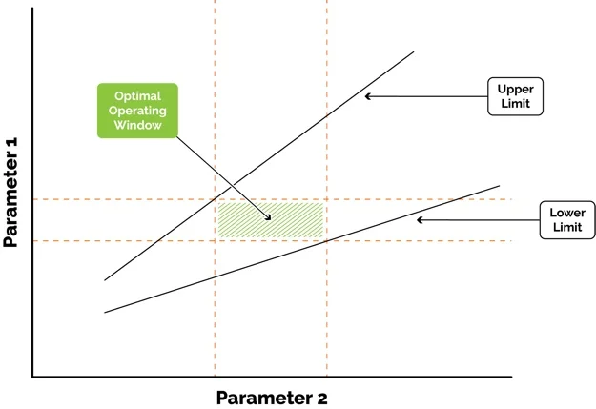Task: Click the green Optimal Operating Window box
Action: tap(137, 111)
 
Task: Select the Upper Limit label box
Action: tap(515, 96)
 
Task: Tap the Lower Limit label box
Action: tap(567, 220)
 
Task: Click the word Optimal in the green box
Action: tap(137, 96)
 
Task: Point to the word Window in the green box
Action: tap(137, 125)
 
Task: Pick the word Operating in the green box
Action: tap(137, 111)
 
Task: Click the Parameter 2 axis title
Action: tap(272, 398)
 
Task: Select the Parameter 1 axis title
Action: tap(10, 193)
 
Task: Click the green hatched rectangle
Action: tap(271, 220)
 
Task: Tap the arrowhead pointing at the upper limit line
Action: tap(368, 96)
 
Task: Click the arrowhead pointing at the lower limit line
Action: tap(420, 219)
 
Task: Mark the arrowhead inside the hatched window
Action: tap(268, 217)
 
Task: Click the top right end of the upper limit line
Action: tap(414, 51)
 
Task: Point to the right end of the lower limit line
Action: tap(499, 186)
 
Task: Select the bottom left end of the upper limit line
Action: tap(105, 280)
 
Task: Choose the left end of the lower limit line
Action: tap(105, 313)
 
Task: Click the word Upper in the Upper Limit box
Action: tap(515, 90)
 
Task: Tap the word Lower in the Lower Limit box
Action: tap(567, 213)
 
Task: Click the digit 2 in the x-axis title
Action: tap(321, 399)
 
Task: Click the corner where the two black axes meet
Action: tap(32, 378)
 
